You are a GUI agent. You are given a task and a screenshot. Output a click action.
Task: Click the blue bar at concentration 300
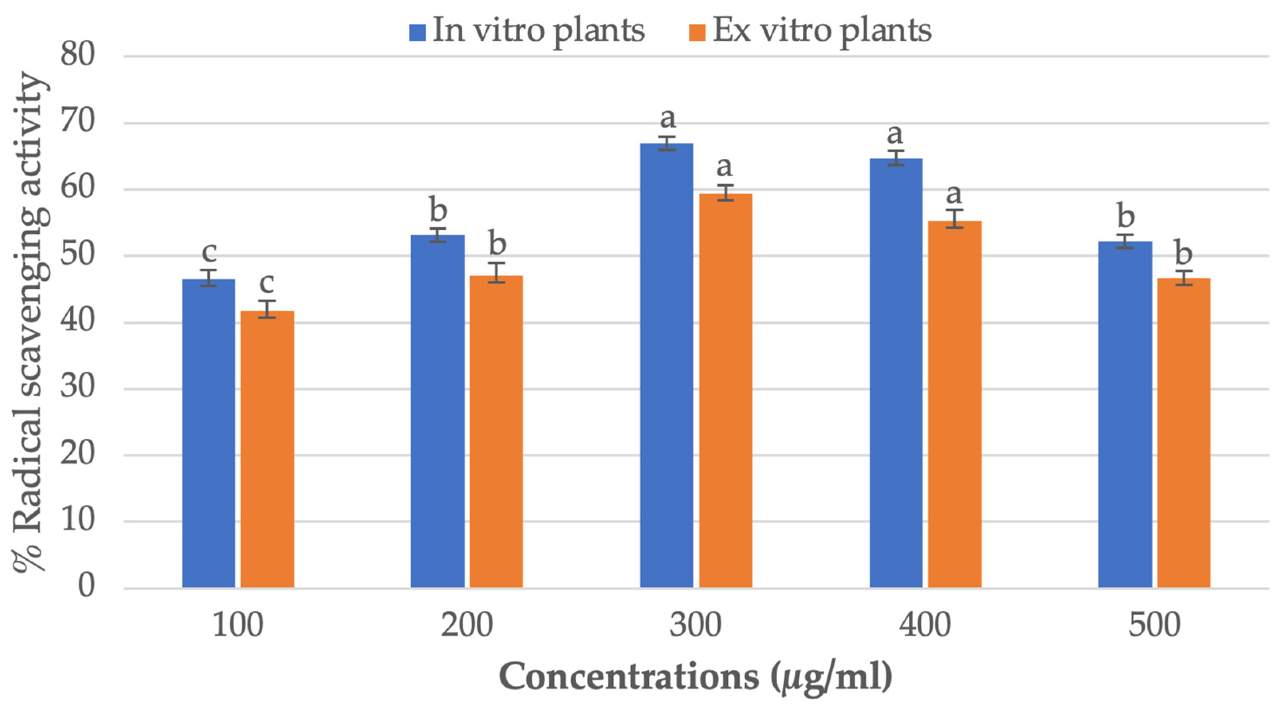tap(666, 366)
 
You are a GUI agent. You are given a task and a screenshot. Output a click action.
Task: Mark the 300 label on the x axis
tap(695, 625)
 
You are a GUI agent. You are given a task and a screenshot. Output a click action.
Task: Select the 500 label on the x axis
tap(1154, 625)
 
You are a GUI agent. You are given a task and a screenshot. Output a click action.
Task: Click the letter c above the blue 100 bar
tap(209, 252)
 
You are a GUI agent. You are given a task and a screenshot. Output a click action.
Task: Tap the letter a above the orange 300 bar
tap(725, 166)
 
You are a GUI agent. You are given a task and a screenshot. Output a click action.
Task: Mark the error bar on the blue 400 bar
tap(896, 158)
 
